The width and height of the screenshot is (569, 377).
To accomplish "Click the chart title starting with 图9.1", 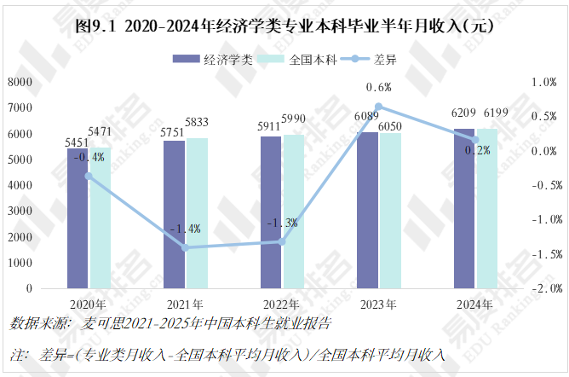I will point(284,26).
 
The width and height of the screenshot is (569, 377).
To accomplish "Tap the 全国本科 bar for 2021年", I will point(197,213).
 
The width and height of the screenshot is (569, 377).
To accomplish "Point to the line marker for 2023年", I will point(379,107).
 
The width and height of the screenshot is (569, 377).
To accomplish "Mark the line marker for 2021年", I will point(186,247).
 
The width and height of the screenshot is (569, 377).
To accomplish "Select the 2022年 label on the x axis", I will point(282,304).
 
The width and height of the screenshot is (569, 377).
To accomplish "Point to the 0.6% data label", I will point(378,87).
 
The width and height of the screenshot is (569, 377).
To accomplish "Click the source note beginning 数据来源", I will point(170,324).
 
